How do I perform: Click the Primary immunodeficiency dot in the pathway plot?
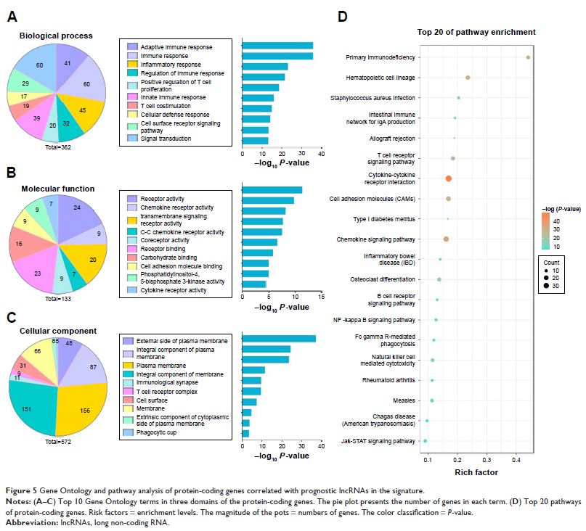pyautogui.click(x=528, y=57)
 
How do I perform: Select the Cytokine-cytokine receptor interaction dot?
pyautogui.click(x=448, y=178)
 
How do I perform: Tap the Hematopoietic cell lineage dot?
pyautogui.click(x=468, y=77)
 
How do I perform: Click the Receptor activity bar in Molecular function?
pyautogui.click(x=272, y=190)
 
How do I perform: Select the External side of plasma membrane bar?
pyautogui.click(x=279, y=338)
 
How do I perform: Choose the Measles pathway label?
pyautogui.click(x=404, y=400)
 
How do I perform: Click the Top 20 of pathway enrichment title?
pyautogui.click(x=476, y=32)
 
